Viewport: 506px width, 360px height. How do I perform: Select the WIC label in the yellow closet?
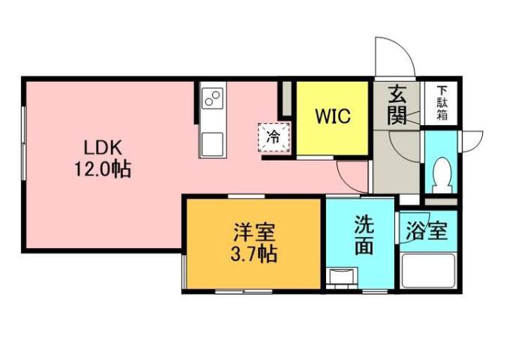click(331, 118)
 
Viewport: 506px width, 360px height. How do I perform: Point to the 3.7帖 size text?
click(253, 253)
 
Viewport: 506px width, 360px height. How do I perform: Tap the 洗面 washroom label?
click(364, 235)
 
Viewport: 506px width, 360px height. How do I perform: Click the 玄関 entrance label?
click(397, 106)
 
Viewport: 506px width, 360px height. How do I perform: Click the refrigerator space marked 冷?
click(274, 136)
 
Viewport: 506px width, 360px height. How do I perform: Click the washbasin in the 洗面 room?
click(342, 277)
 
